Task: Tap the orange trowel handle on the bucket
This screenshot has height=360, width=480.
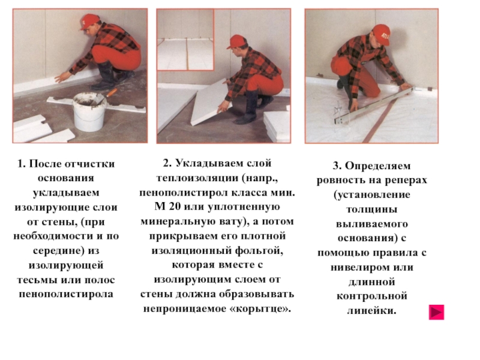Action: tap(112, 92)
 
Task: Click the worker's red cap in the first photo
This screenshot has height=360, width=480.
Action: tap(89, 22)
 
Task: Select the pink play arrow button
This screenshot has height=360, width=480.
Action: tap(436, 312)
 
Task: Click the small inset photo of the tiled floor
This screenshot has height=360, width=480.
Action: tap(185, 40)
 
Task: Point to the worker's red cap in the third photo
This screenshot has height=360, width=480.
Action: tap(382, 34)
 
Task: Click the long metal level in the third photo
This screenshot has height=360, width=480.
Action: tap(374, 105)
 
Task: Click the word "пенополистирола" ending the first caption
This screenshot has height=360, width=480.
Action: tap(66, 294)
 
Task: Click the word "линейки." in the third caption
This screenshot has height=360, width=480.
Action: tap(371, 311)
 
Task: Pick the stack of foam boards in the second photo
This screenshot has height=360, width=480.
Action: tap(277, 125)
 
